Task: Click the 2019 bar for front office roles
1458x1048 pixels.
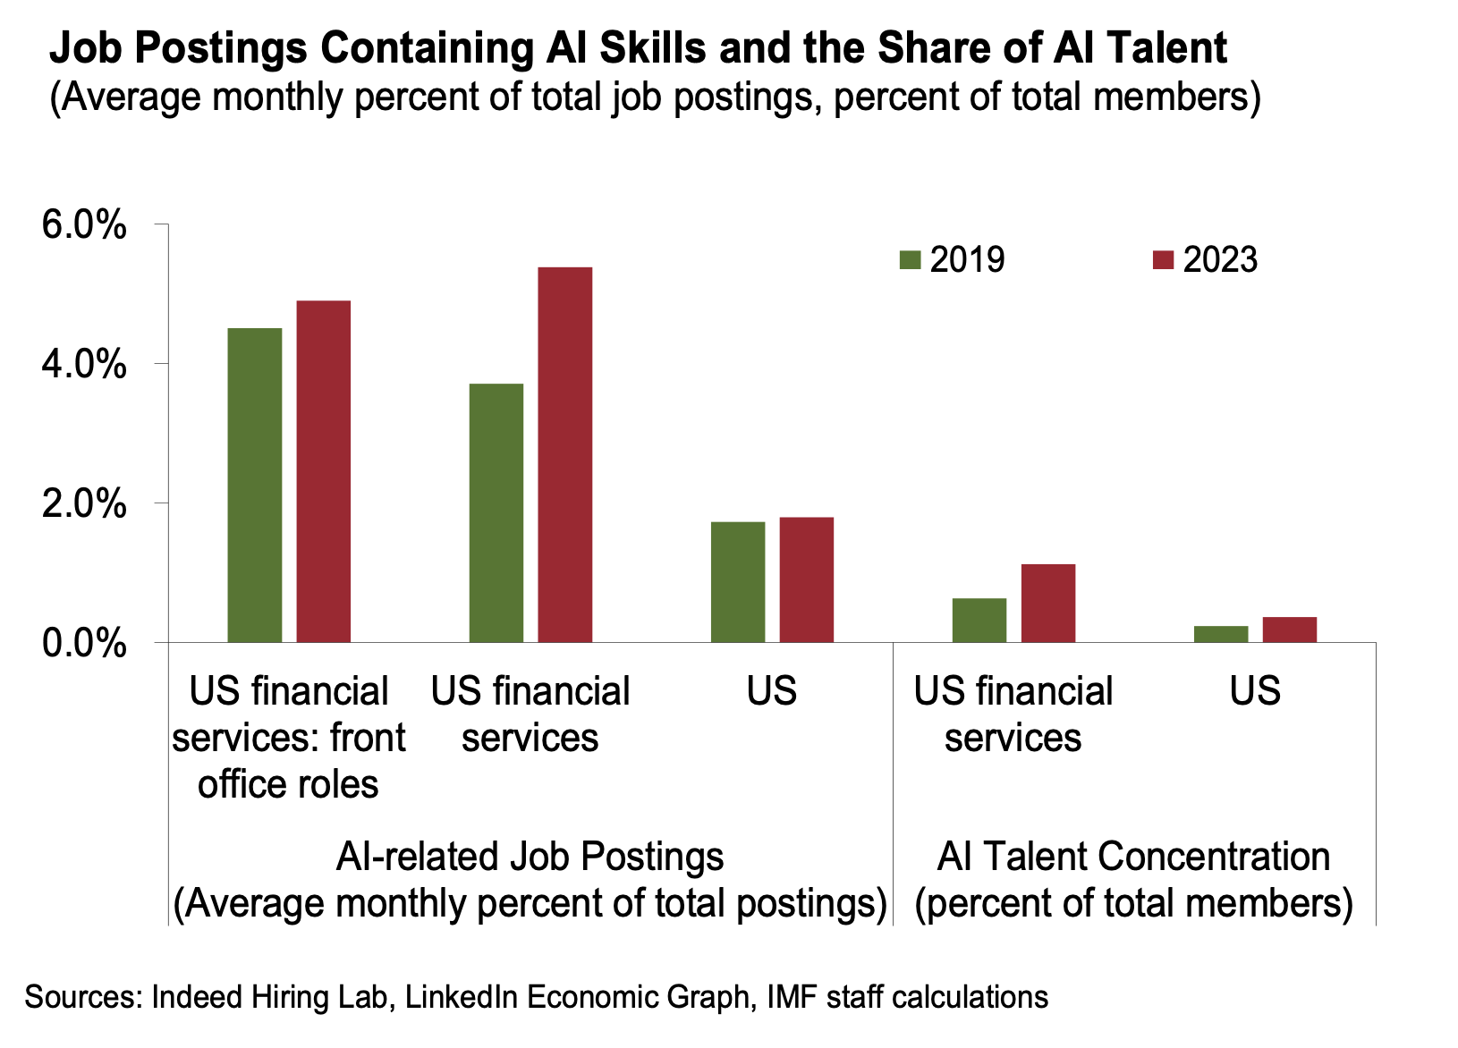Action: point(255,486)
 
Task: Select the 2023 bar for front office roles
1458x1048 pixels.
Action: point(324,471)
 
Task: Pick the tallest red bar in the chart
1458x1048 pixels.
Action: point(565,455)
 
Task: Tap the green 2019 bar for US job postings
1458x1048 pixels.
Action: point(737,582)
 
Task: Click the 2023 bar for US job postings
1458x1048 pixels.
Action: point(807,579)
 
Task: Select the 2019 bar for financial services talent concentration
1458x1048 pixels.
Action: point(979,621)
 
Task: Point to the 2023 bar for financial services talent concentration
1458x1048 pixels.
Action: point(1048,603)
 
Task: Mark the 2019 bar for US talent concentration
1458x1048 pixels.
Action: point(1221,634)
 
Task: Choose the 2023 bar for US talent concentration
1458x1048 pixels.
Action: point(1290,630)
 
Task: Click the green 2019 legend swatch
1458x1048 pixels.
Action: point(910,259)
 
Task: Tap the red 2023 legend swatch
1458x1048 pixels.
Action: point(1163,259)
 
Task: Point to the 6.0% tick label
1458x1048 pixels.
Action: point(84,225)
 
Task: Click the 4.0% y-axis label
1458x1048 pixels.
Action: point(84,364)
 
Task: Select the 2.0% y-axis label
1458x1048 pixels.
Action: point(84,503)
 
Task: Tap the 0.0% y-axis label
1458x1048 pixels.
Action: point(84,643)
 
